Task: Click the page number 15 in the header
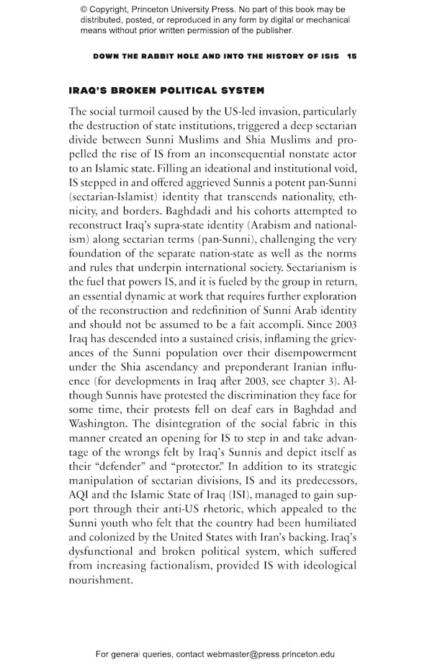(351, 56)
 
